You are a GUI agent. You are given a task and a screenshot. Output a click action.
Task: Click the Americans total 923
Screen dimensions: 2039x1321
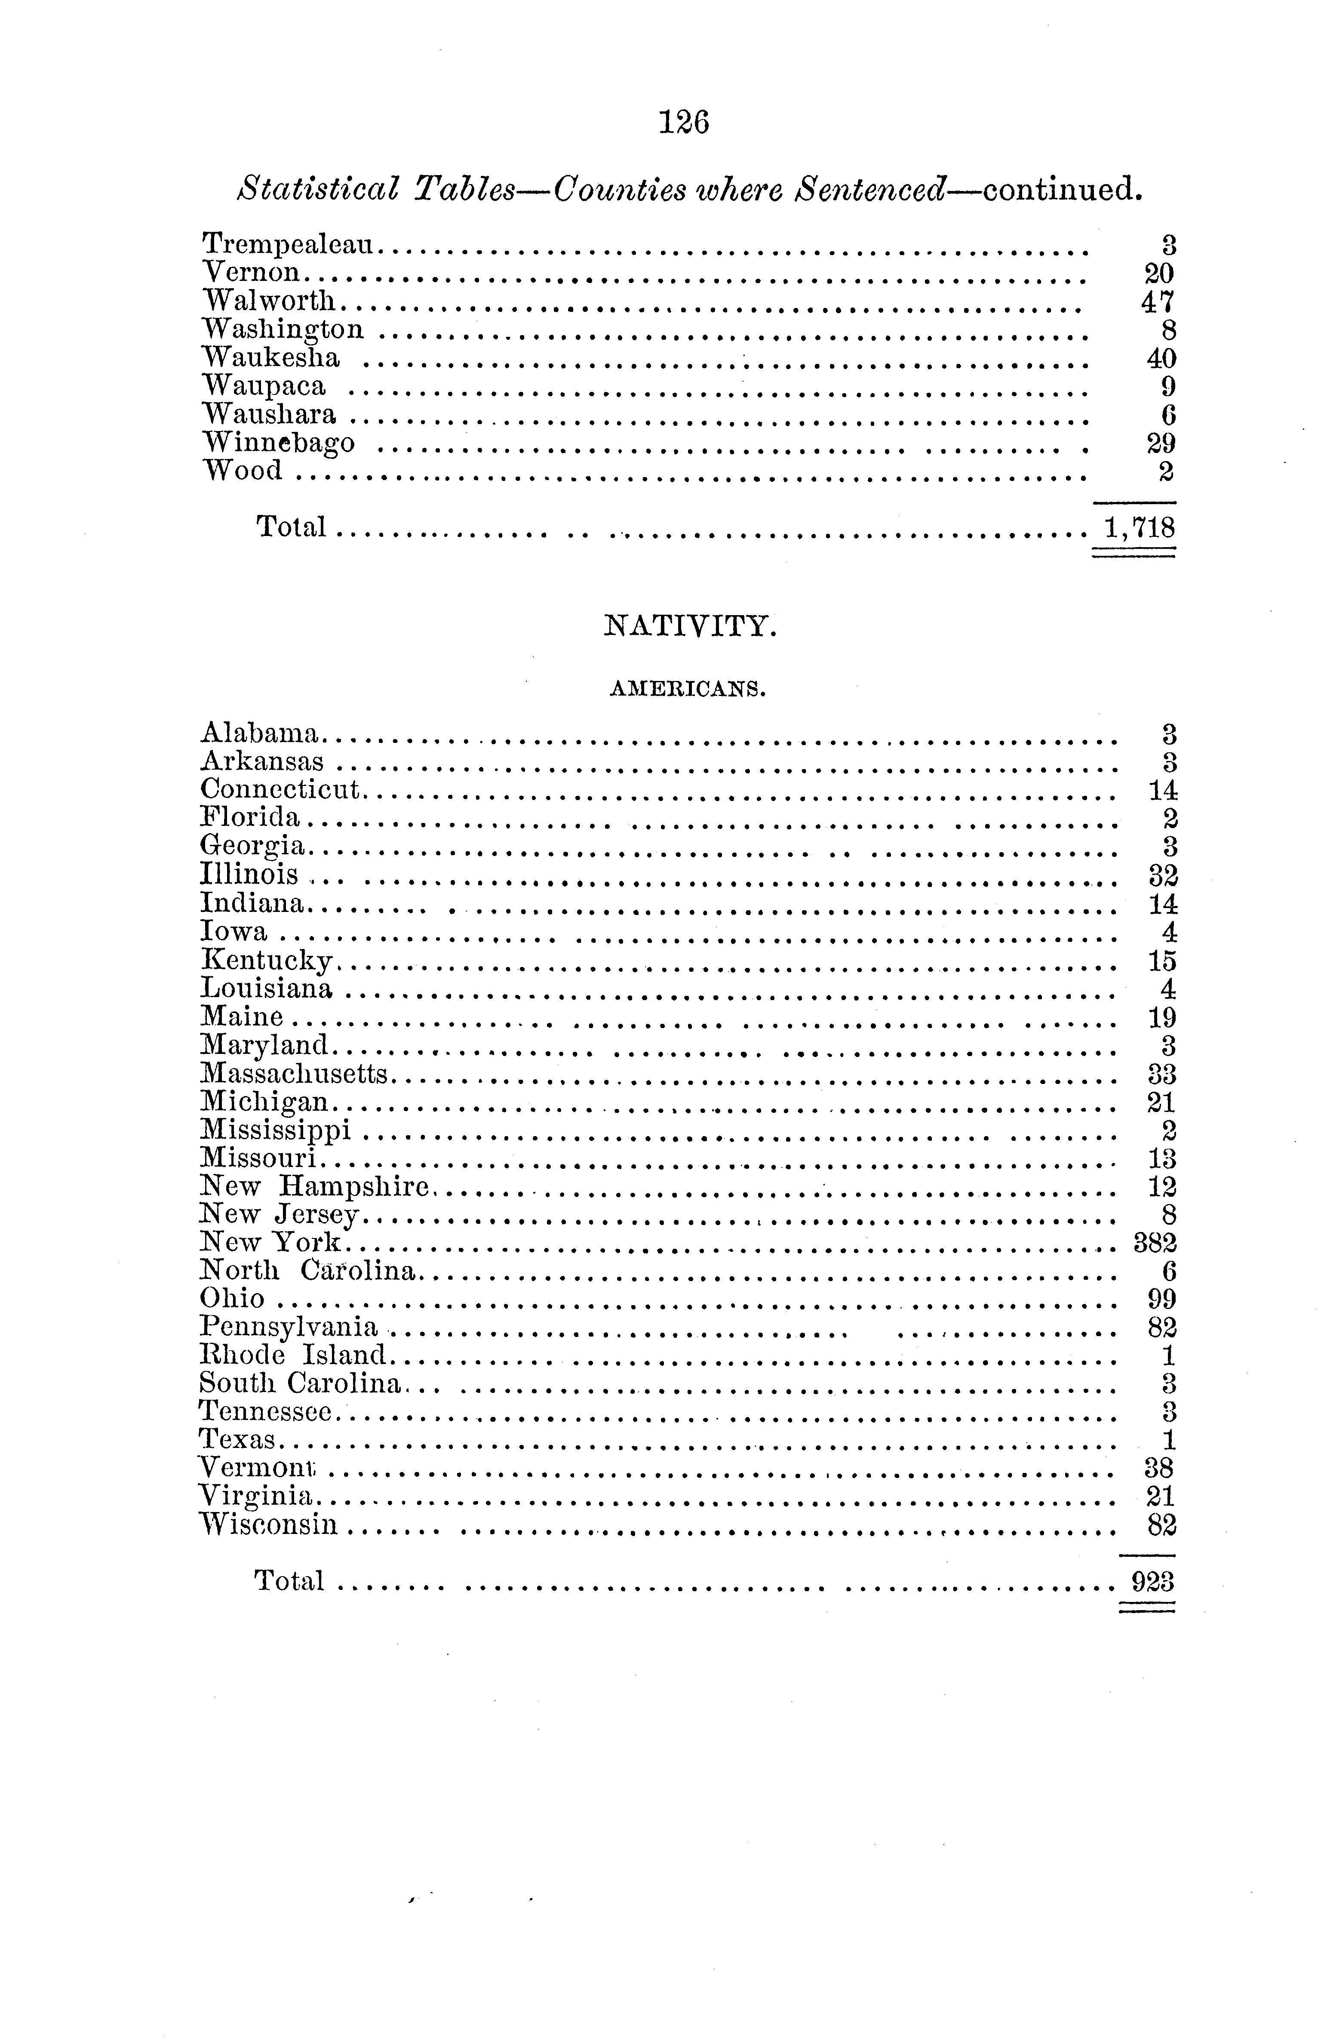[x=1152, y=1580]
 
